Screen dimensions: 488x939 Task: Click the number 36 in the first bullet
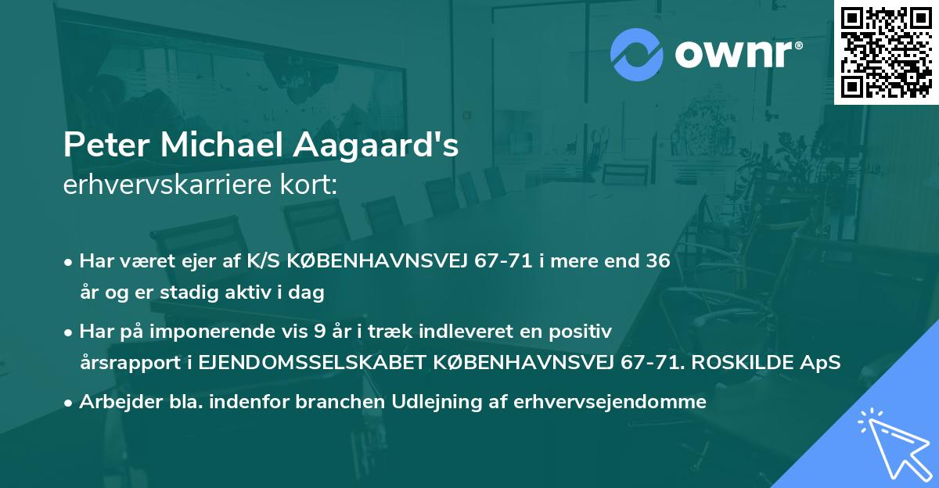pos(658,261)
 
